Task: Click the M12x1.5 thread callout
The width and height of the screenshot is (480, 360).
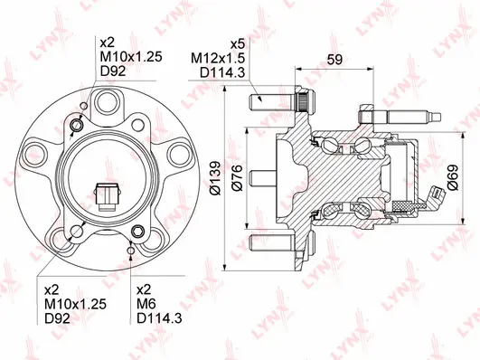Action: pos(214,58)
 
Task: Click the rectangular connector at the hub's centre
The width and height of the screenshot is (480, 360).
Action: pos(108,194)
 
